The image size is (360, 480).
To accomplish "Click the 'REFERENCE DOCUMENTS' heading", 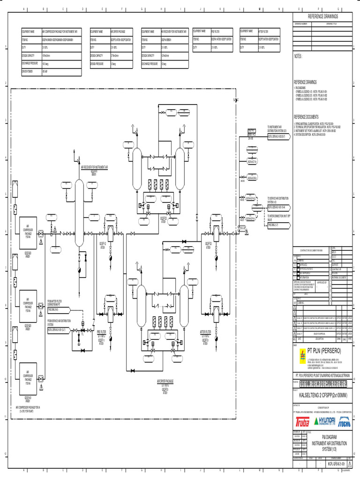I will (306, 117).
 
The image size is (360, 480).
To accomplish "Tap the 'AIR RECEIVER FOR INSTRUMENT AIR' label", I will (94, 166).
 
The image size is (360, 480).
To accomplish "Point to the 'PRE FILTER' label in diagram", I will (101, 331).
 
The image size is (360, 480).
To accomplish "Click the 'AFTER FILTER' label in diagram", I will (205, 331).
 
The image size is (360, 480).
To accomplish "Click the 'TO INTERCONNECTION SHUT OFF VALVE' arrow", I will (279, 225).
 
